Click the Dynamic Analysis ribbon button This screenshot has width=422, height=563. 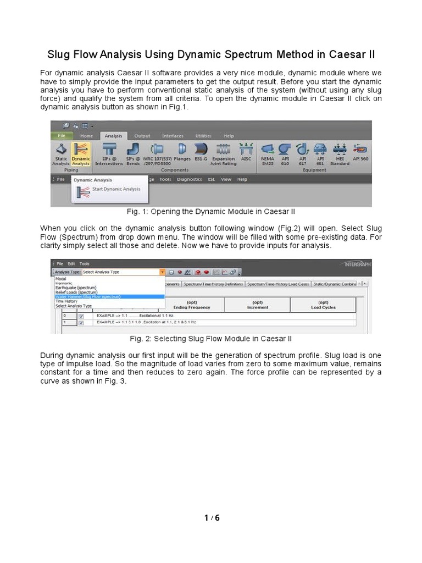coord(81,152)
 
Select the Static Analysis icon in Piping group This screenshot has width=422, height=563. coord(61,152)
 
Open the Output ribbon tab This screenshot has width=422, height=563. coord(142,136)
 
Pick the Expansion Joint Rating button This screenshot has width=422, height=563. coord(223,152)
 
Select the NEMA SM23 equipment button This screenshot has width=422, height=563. coord(268,152)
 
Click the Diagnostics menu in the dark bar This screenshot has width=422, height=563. coord(190,179)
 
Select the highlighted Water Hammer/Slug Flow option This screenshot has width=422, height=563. coord(88,296)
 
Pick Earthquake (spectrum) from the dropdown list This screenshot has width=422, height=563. coord(76,288)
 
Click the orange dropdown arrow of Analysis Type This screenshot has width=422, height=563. coord(163,272)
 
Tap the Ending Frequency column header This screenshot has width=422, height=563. coord(192,305)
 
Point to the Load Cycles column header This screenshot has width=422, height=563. coord(323,305)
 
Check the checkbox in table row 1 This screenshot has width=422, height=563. coord(81,323)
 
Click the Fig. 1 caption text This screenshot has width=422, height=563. coord(211,212)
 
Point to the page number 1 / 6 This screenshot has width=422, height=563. coord(211,517)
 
